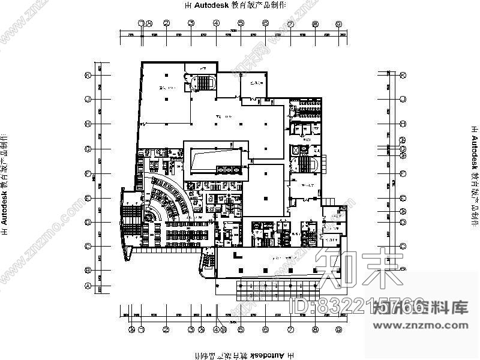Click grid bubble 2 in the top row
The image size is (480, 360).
(166, 23)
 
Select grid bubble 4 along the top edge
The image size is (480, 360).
(215, 23)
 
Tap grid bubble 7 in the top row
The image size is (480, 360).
(290, 23)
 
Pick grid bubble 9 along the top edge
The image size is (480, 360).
(339, 23)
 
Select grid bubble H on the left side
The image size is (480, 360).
(88, 124)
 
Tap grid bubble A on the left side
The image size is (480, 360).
(88, 287)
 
